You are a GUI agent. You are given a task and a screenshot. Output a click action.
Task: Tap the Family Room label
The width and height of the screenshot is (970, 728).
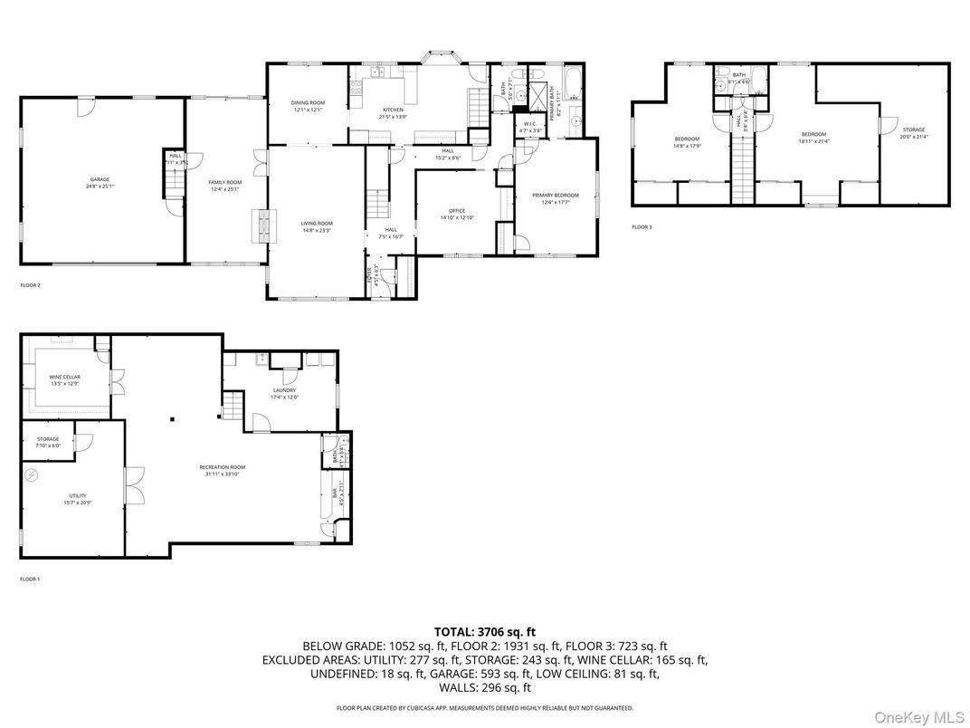[224, 186]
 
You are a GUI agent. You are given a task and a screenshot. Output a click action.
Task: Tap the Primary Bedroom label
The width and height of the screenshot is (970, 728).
[555, 198]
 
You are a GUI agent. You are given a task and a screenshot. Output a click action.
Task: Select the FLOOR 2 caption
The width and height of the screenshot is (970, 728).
[31, 285]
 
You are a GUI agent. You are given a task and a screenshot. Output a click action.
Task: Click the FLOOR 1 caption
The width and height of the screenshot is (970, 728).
[31, 579]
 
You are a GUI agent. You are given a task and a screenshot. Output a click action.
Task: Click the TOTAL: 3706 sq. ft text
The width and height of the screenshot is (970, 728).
[484, 631]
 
